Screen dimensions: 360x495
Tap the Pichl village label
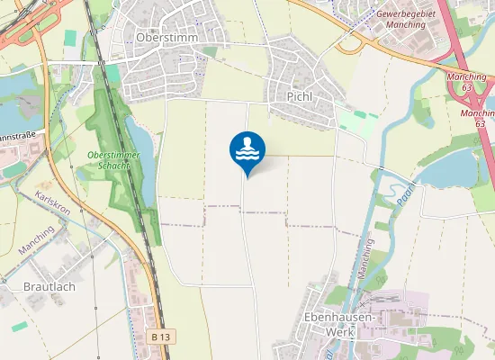coord(299,95)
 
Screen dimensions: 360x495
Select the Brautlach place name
coord(41,289)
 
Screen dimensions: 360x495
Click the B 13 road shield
coord(160,336)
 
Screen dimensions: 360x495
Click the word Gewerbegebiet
coord(407,14)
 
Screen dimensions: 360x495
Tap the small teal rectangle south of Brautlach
coord(19,326)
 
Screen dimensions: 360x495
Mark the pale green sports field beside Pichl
coord(357,122)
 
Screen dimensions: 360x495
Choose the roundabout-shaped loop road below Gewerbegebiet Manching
coord(350,43)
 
